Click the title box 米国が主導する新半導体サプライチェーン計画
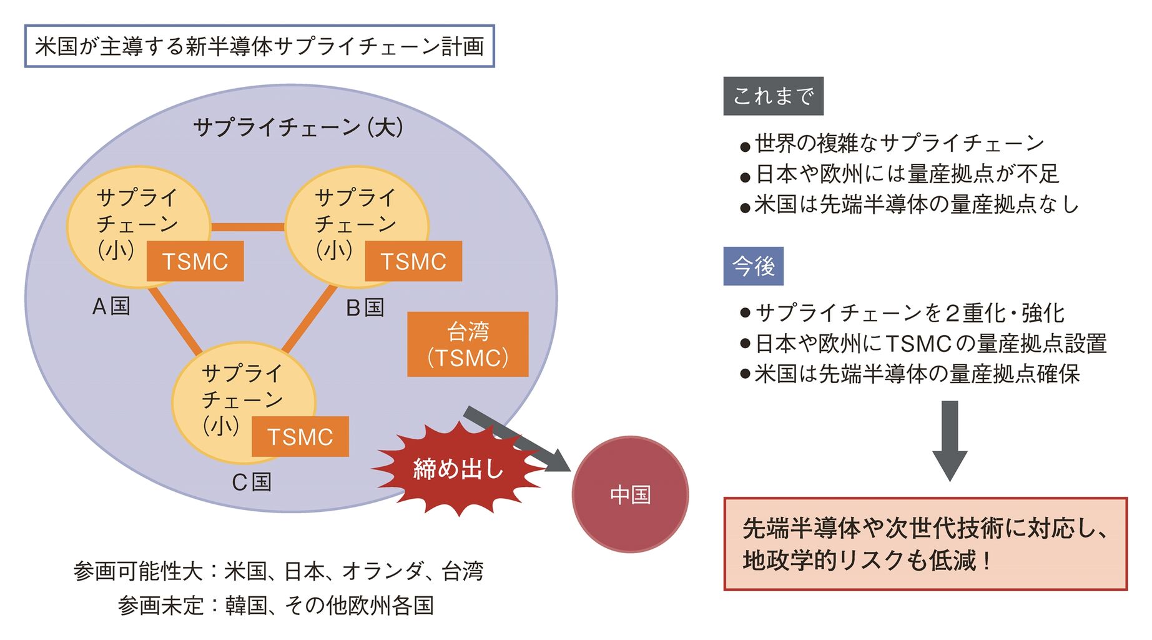[x=259, y=46]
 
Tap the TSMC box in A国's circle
[x=195, y=261]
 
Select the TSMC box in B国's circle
[x=413, y=261]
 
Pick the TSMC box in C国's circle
[x=300, y=436]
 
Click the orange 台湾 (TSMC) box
[x=468, y=344]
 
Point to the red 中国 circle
[x=630, y=494]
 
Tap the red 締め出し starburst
[x=458, y=469]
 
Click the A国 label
[x=111, y=306]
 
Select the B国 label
[x=365, y=307]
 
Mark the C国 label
[x=252, y=482]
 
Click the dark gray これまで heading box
[x=773, y=96]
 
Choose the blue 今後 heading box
[x=753, y=266]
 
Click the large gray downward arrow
[x=950, y=441]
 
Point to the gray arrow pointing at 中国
[x=518, y=439]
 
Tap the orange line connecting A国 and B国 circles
[x=248, y=227]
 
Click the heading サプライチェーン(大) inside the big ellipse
[x=298, y=127]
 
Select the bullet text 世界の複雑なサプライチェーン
[x=899, y=143]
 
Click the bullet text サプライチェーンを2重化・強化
[x=910, y=312]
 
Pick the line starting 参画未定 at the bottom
[x=275, y=605]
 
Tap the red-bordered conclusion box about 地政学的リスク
[x=925, y=544]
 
